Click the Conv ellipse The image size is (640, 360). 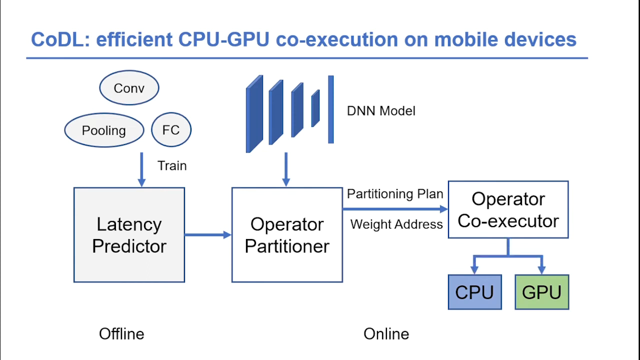tap(129, 88)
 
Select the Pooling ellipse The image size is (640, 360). tap(104, 130)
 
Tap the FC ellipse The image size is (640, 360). tap(171, 130)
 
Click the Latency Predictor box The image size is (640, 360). tap(129, 235)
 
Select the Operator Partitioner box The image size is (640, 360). tap(287, 235)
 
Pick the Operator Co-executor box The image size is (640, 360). tap(508, 209)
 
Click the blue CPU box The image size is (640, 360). tap(474, 292)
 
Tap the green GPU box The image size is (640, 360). tap(541, 292)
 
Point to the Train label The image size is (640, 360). tap(172, 165)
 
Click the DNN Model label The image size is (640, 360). tap(381, 110)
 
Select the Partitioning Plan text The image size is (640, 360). tap(395, 194)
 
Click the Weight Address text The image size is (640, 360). tap(396, 224)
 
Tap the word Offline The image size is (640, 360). tap(121, 333)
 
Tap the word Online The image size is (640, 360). tap(386, 333)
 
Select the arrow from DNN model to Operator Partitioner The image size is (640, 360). tap(286, 170)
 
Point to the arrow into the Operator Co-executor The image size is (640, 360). tap(395, 209)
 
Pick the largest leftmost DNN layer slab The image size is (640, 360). tap(254, 114)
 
